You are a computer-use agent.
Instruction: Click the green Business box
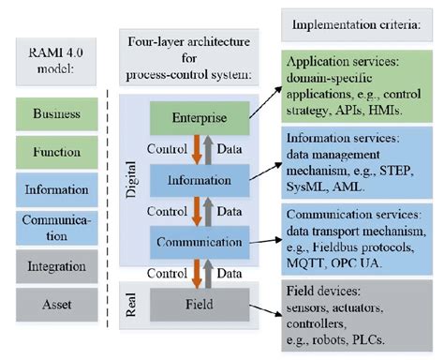click(x=57, y=113)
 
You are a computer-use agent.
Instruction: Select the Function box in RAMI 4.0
click(x=57, y=150)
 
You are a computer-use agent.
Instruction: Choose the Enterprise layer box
click(x=198, y=117)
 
